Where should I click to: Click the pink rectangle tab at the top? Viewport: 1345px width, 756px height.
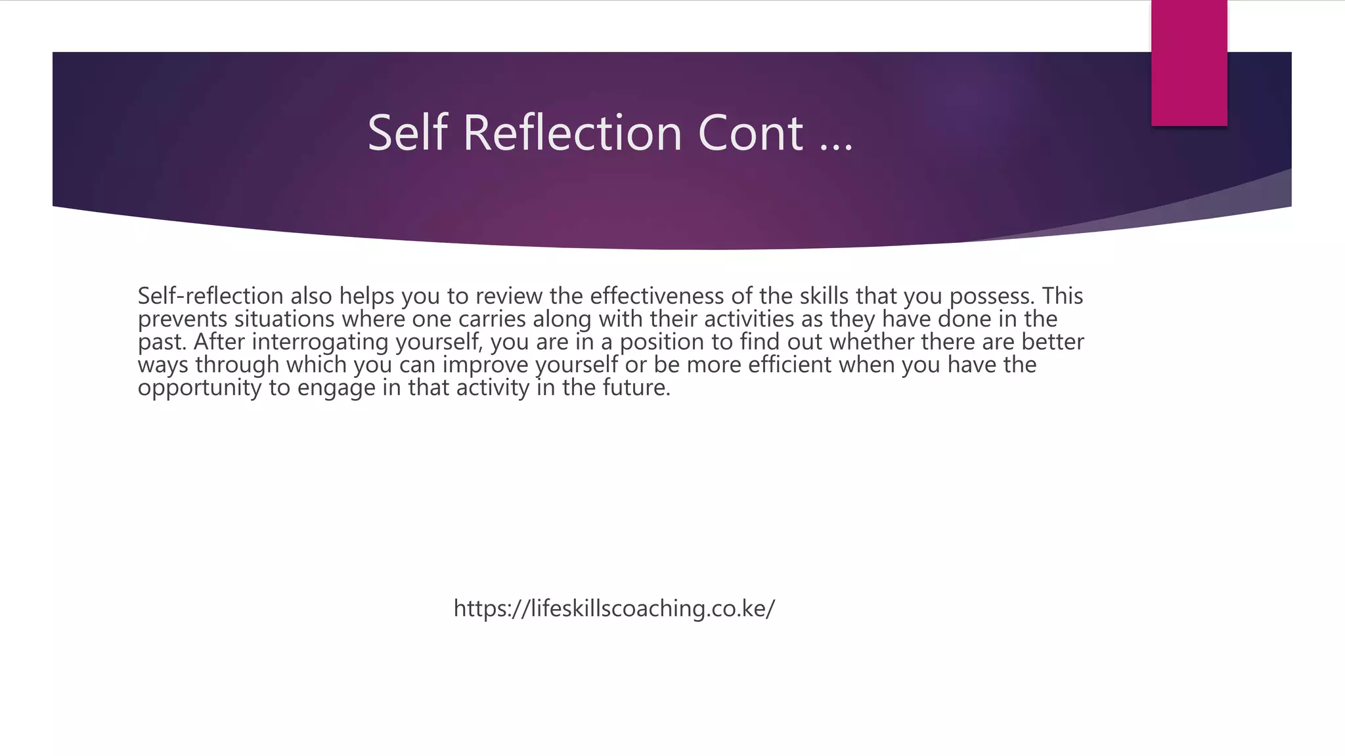[x=1189, y=63]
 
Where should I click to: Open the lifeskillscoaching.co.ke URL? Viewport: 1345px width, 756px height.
[x=614, y=608]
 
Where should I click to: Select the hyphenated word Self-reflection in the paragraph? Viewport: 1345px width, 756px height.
[x=210, y=296]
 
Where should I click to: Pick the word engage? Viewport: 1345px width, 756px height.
[x=336, y=388]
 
